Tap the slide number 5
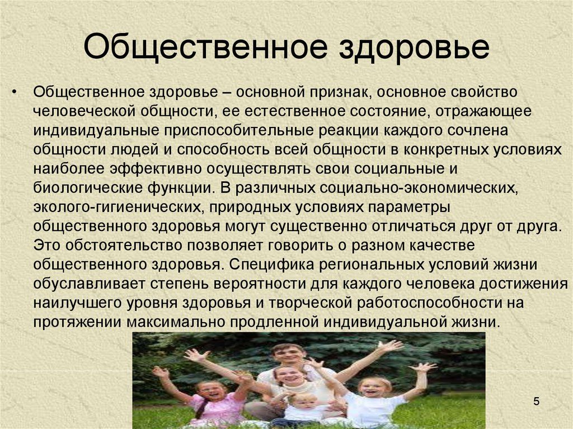click(536, 401)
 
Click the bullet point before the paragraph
click(14, 92)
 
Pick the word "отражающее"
click(483, 111)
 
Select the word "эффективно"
click(156, 169)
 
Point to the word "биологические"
click(88, 188)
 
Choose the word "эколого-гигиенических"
click(118, 207)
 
